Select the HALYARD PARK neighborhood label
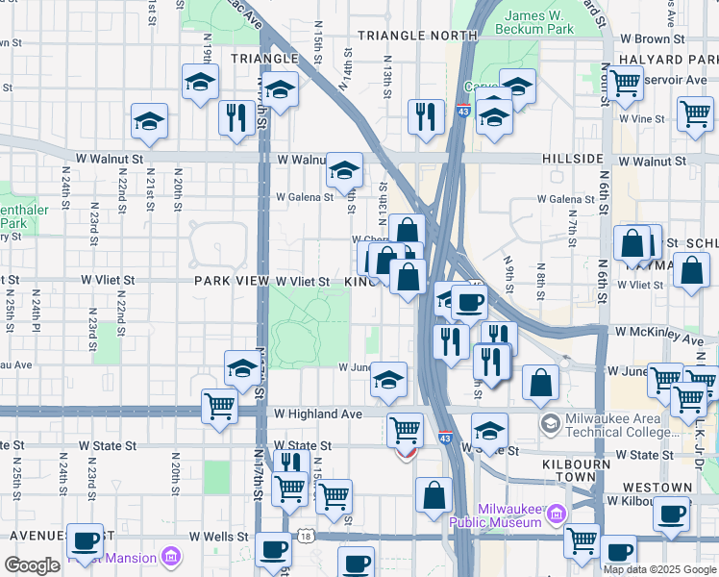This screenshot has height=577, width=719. pyautogui.click(x=669, y=60)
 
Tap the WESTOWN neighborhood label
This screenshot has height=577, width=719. pyautogui.click(x=657, y=489)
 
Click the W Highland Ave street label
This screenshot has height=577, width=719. pyautogui.click(x=317, y=414)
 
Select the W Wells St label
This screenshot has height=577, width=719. pyautogui.click(x=220, y=536)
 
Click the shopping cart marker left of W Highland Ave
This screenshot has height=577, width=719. pyautogui.click(x=219, y=405)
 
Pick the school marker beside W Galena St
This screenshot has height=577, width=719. pyautogui.click(x=344, y=169)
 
